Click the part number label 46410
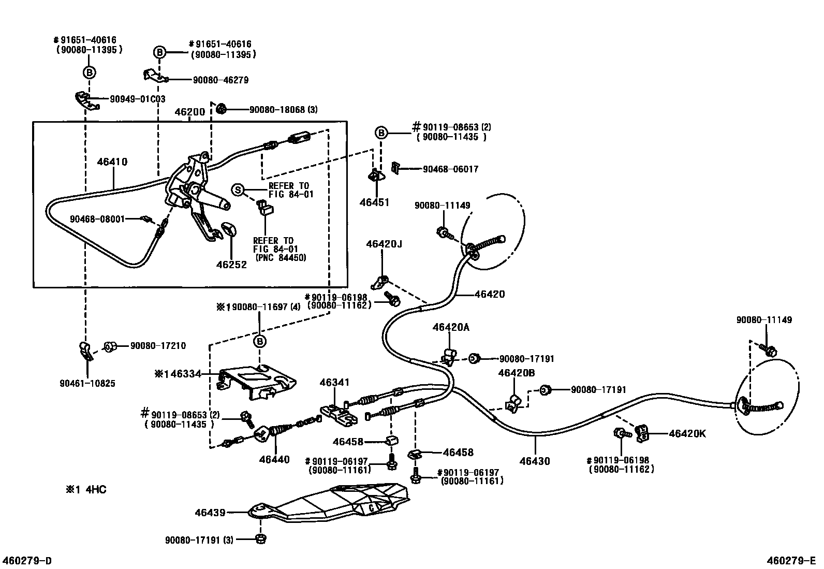click(x=112, y=162)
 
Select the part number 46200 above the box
click(x=189, y=112)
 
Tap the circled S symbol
click(x=238, y=190)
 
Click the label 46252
click(x=231, y=265)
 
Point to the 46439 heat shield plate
click(x=331, y=502)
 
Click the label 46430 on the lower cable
click(x=535, y=461)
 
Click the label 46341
click(x=334, y=382)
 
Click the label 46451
click(x=374, y=202)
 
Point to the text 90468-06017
click(x=450, y=169)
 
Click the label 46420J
click(x=384, y=243)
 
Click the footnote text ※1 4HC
click(x=86, y=489)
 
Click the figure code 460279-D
click(x=27, y=561)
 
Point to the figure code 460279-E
click(x=791, y=561)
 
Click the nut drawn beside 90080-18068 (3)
click(x=222, y=109)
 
